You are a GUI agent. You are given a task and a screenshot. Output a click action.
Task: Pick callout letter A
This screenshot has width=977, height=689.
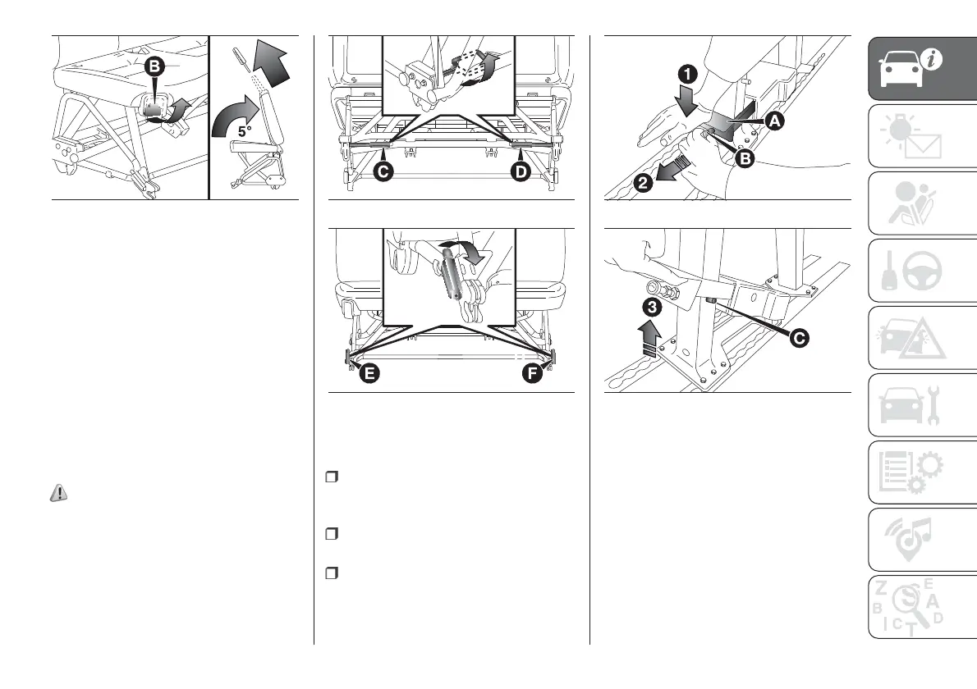click(x=774, y=121)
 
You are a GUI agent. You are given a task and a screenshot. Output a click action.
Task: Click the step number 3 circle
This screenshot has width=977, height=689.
click(x=650, y=308)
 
